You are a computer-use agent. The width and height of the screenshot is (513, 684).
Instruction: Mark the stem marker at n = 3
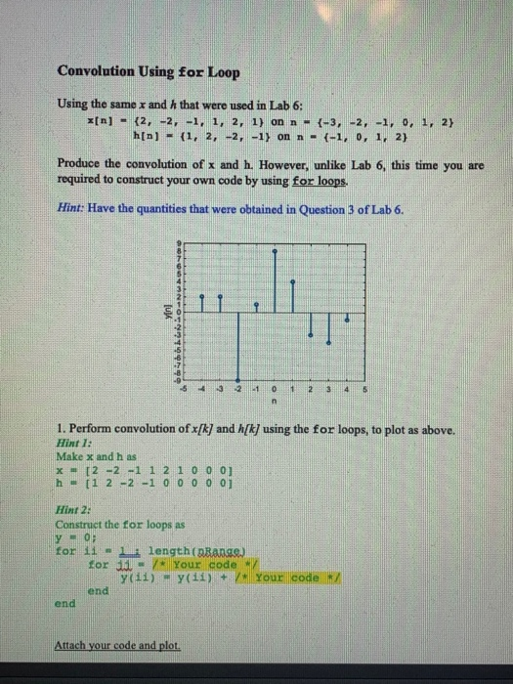pyautogui.click(x=327, y=343)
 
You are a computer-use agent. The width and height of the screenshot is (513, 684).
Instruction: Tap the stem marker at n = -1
pyautogui.click(x=255, y=305)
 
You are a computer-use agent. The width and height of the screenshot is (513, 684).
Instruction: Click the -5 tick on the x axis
pyautogui.click(x=184, y=387)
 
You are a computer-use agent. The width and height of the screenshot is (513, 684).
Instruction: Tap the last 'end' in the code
pyautogui.click(x=64, y=603)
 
